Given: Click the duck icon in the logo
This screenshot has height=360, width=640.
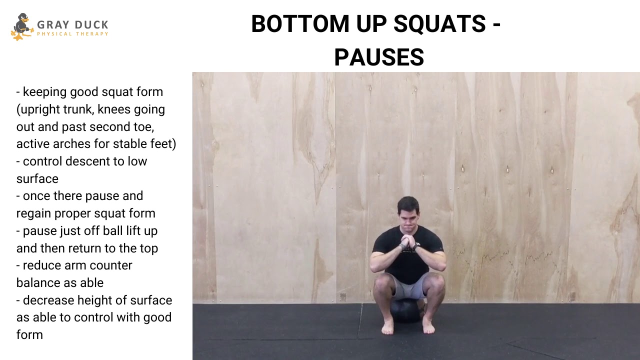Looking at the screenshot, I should point(20,26).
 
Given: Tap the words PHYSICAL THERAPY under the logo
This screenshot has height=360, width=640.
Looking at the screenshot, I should point(72,34).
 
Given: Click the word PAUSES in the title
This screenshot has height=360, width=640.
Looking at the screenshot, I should point(379,57).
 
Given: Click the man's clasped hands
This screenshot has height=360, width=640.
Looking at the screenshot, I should point(408,242).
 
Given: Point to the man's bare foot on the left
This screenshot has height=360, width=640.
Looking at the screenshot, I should point(387,327).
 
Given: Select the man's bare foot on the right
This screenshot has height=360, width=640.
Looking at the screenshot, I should point(428,327).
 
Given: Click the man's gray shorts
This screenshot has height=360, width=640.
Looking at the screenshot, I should point(407,286).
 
